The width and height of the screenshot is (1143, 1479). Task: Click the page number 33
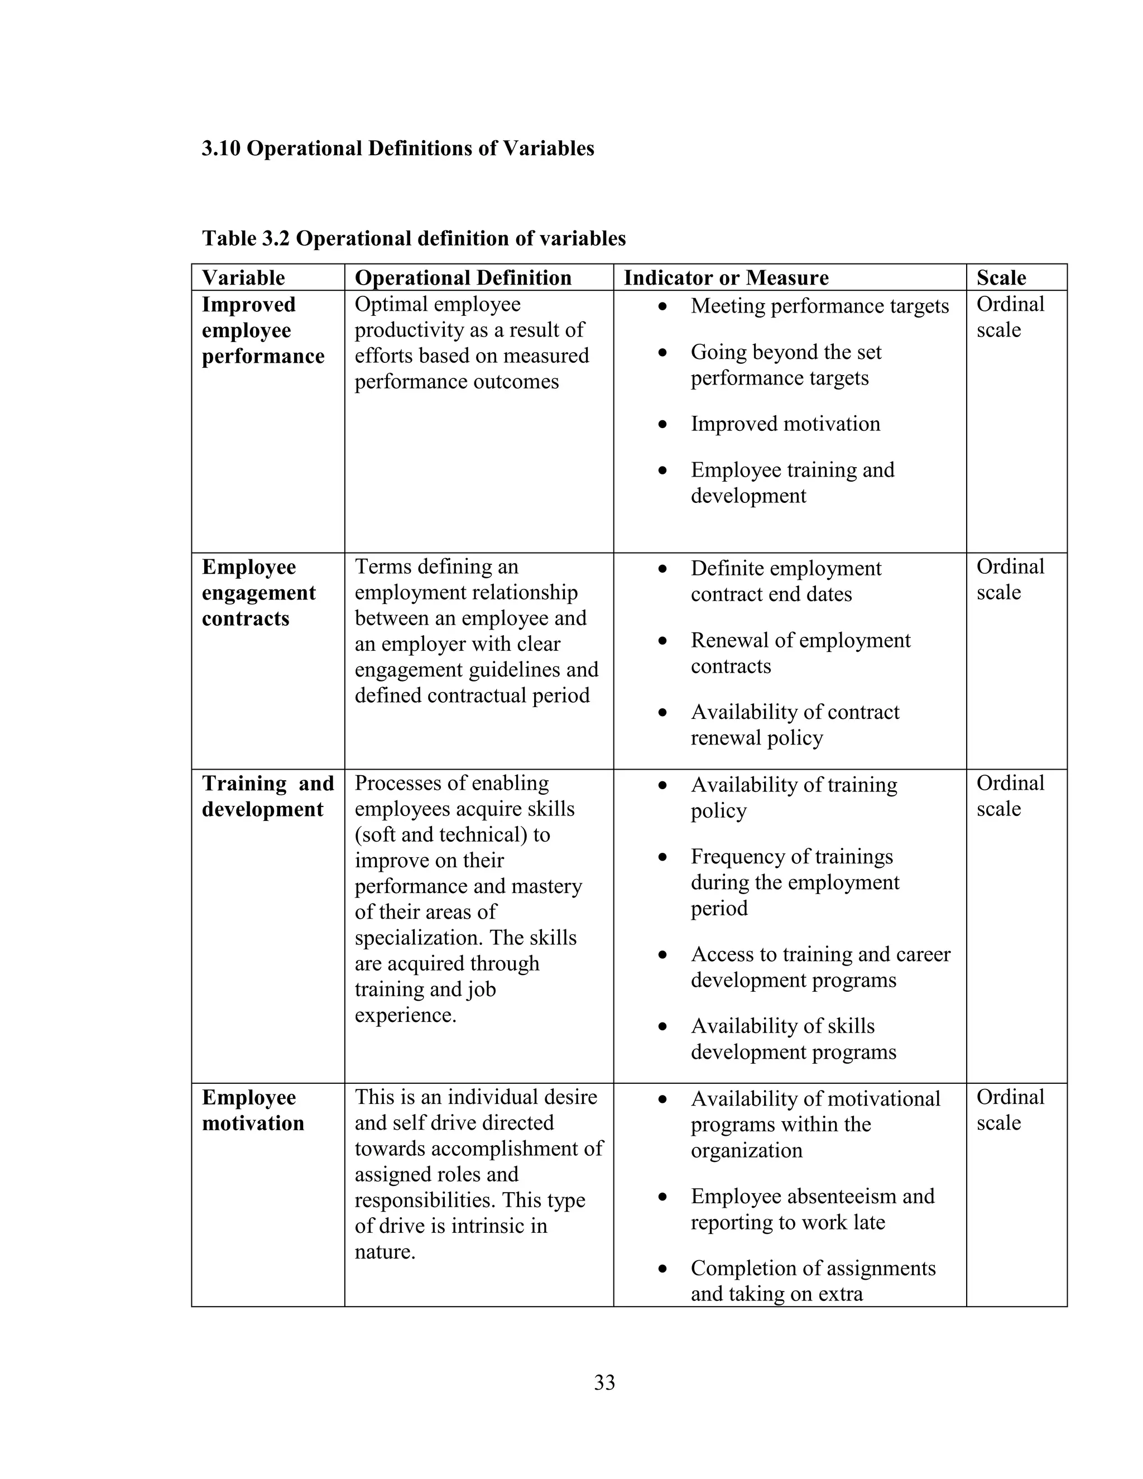604,1382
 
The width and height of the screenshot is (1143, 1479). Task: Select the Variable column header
243,277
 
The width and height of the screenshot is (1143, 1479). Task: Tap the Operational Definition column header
463,277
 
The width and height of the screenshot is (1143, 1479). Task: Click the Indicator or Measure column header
726,277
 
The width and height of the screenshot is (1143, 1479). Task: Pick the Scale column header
1001,277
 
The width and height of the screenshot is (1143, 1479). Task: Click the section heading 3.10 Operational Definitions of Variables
397,148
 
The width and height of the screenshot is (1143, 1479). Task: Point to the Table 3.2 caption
414,238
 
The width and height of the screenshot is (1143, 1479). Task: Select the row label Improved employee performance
263,330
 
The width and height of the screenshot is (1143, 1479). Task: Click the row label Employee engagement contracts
258,593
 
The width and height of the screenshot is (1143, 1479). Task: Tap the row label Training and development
267,796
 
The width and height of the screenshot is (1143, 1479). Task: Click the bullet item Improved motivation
785,424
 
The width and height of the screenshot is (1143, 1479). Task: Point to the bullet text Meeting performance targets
819,306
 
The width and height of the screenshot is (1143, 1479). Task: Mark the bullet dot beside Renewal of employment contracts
663,641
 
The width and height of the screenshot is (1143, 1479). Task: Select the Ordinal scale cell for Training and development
1010,796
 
